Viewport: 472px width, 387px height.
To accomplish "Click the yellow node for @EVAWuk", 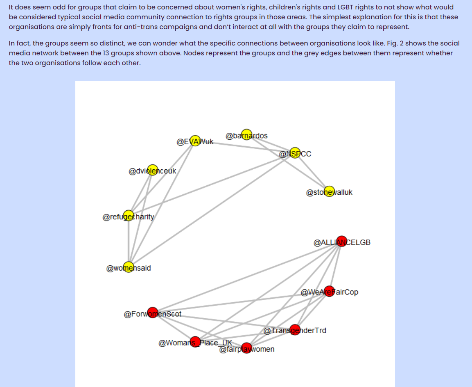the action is click(195, 141).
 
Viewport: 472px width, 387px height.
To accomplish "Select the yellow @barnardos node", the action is click(246, 134).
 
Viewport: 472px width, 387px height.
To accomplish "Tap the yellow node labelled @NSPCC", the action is click(295, 153).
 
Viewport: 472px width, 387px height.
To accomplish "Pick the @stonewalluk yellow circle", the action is click(329, 191).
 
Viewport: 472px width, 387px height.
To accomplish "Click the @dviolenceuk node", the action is click(153, 170).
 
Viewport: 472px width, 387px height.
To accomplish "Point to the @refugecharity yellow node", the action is click(129, 216).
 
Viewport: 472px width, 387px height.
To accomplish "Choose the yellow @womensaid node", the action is click(129, 267).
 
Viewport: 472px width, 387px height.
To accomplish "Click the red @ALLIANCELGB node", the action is click(341, 241).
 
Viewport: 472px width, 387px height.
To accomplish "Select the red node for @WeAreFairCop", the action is click(329, 291).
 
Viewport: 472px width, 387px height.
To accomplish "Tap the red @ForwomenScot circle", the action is click(153, 313).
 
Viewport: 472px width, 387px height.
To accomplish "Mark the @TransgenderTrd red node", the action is click(295, 330).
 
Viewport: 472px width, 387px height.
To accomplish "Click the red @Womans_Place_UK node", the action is click(195, 342).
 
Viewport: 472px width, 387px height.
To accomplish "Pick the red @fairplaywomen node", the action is click(246, 348).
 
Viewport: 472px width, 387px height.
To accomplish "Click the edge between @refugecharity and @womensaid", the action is click(129, 241).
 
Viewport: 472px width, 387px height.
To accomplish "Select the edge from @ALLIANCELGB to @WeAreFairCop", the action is click(335, 266).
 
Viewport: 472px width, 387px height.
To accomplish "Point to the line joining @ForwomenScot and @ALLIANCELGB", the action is click(247, 277).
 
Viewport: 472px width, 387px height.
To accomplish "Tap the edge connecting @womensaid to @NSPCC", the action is click(212, 210).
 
